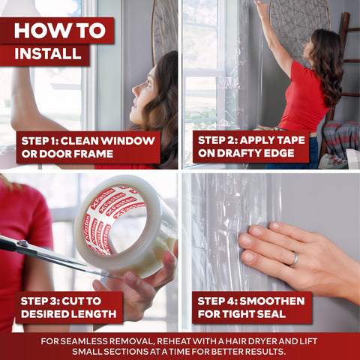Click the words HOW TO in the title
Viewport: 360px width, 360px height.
(x=60, y=31)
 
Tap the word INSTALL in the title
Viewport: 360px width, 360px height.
(x=48, y=53)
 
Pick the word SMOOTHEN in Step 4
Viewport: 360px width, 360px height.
(x=272, y=301)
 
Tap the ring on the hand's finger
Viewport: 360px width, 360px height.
(x=295, y=260)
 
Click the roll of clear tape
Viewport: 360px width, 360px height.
(x=125, y=225)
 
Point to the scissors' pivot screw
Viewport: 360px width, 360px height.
(x=22, y=243)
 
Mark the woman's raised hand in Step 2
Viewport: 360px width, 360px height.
(x=260, y=7)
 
